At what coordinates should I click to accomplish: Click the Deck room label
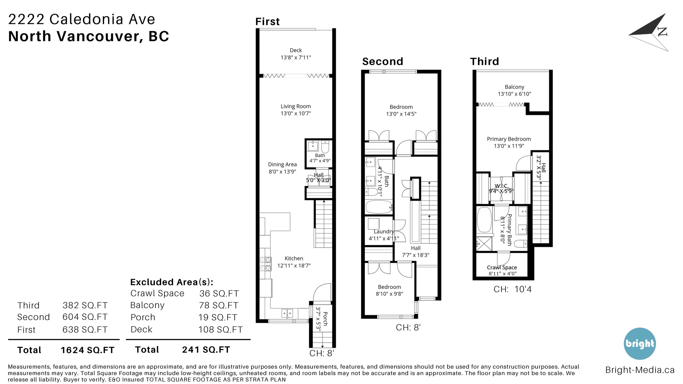point(296,50)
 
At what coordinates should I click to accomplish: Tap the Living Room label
point(296,106)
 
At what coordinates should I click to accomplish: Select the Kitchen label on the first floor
point(294,258)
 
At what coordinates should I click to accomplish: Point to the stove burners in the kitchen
point(266,264)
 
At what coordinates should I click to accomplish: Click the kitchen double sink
point(287,313)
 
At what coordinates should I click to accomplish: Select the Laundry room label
point(384,231)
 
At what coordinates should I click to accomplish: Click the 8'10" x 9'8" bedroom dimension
point(389,294)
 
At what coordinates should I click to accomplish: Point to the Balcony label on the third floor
point(514,87)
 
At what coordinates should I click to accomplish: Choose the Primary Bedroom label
point(509,139)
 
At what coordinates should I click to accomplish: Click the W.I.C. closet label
point(501,186)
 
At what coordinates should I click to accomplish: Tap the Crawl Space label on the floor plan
point(502,268)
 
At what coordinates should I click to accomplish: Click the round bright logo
point(640,344)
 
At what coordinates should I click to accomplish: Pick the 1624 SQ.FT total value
point(87,350)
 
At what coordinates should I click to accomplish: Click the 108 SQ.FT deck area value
point(221,329)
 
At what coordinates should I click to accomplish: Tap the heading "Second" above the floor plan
point(383,61)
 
